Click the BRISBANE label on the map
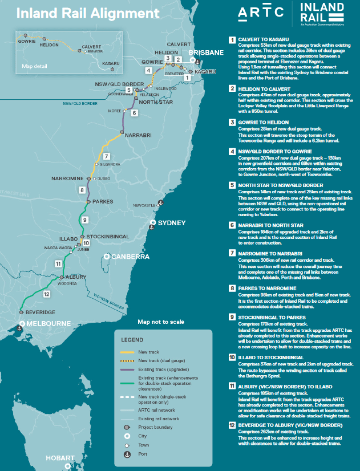(207, 52)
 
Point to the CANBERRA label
(131, 257)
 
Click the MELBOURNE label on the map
(46, 323)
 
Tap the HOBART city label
(60, 458)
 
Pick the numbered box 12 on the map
(47, 294)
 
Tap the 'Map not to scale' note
(161, 322)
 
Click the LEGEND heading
(132, 340)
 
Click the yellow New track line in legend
(128, 352)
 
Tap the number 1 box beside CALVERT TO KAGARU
(232, 40)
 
